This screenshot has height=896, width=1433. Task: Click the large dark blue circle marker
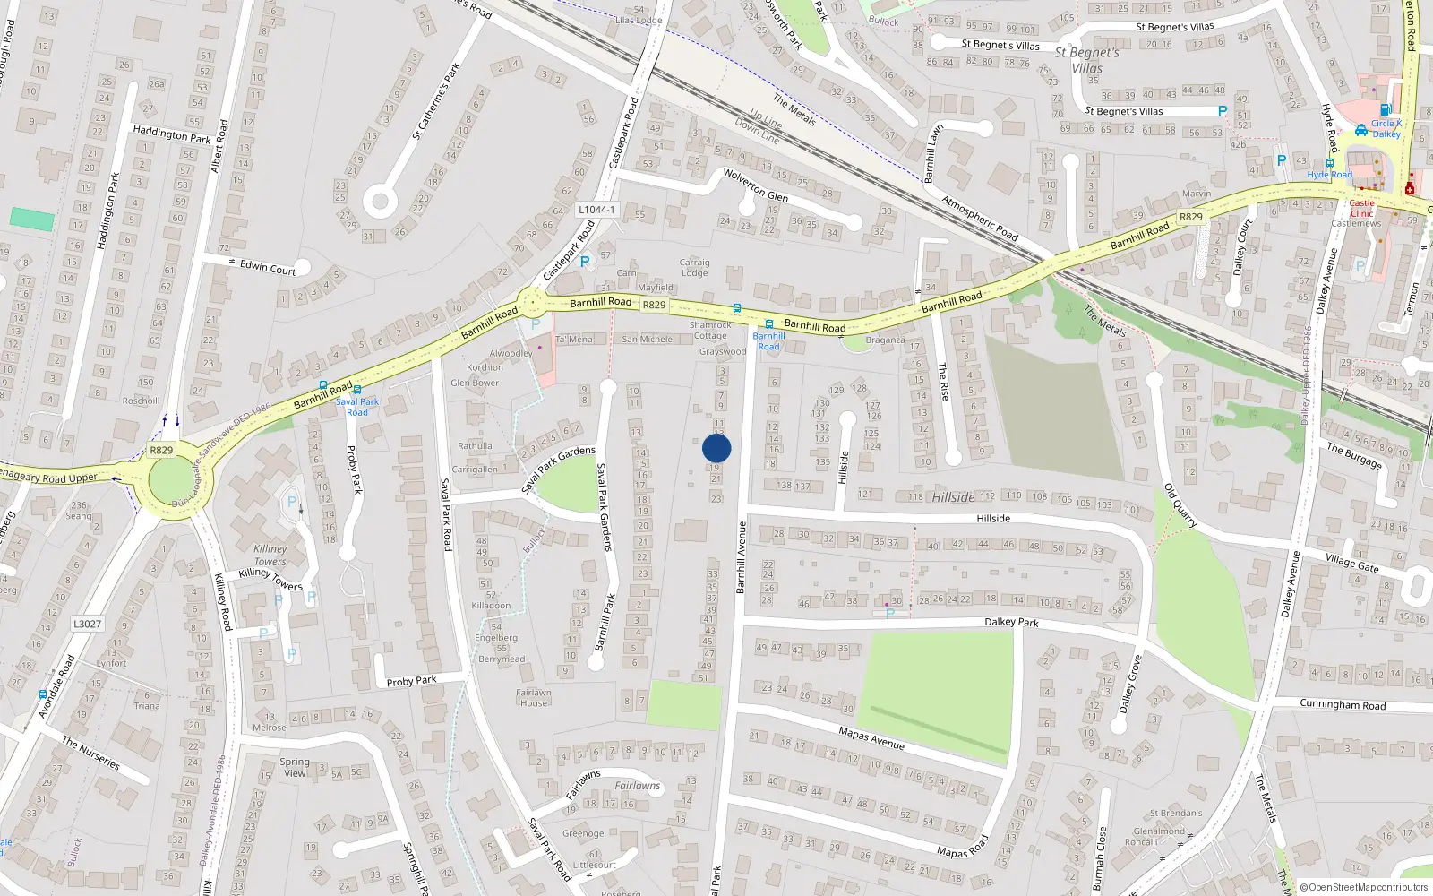716,448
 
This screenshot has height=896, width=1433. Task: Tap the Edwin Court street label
267,267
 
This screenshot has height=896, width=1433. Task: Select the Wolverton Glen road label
755,185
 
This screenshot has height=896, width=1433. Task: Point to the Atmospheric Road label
980,219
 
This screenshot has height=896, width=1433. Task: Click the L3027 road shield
87,624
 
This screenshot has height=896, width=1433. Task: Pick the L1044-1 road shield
596,210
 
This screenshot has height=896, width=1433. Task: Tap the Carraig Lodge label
694,268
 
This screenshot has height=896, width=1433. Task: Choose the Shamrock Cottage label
710,331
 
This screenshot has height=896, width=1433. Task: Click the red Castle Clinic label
1361,208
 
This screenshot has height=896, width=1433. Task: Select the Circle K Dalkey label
1386,128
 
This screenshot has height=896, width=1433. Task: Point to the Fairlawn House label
533,697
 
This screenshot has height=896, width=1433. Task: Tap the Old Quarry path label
1180,505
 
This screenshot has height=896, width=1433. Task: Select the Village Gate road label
1352,562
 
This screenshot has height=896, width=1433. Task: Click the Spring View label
295,767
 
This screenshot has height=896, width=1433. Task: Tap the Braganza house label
885,340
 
